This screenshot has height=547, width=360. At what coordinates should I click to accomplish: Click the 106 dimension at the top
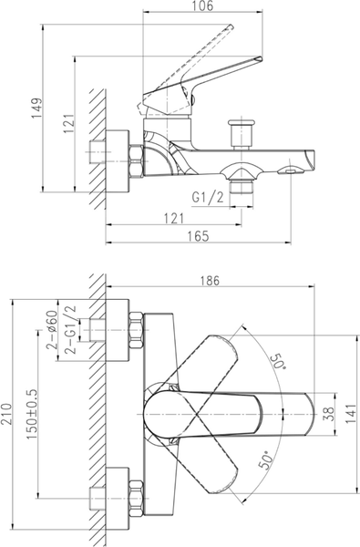coord(202,5)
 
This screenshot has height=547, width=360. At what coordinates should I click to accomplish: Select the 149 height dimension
coord(37,108)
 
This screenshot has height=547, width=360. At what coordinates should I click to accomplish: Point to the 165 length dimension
coord(198,236)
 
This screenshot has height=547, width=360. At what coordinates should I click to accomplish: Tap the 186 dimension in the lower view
coord(211,281)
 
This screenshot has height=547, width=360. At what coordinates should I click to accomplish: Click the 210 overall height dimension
coord(6,414)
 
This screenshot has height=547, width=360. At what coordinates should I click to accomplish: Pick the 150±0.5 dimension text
coord(32,414)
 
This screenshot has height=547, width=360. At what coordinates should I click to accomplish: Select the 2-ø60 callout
coord(52,330)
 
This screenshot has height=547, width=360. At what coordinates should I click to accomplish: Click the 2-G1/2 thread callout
coord(70,330)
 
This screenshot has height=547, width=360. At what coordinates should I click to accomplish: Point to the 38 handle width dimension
coord(329,414)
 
